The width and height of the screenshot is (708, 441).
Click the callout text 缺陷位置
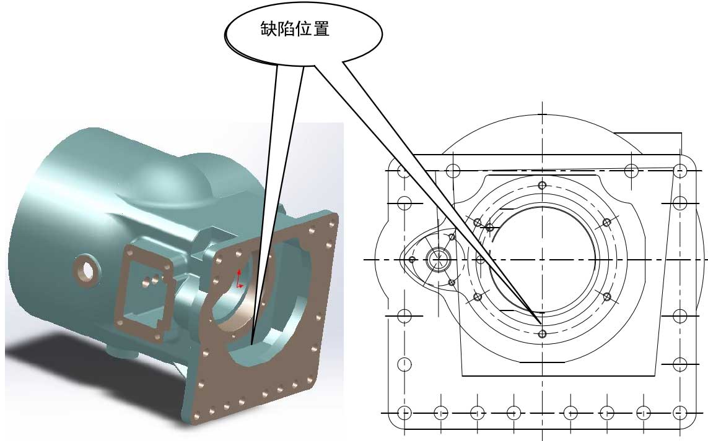coord(294,30)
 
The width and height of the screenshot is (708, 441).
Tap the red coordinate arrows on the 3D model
coord(240,280)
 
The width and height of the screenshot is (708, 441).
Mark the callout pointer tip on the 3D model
coord(252,344)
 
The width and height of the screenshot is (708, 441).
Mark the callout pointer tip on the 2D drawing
coord(540,322)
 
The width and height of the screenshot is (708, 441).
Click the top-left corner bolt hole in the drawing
coord(404,171)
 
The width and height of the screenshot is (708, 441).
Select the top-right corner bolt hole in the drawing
coord(680,171)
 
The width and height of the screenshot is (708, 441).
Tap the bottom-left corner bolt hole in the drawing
coord(404,413)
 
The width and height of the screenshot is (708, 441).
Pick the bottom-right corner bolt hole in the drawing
coord(680,413)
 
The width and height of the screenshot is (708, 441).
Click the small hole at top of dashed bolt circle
coord(543,186)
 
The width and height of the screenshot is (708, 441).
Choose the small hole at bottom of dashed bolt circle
coord(543,334)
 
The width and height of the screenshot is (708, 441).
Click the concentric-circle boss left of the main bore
coord(439,259)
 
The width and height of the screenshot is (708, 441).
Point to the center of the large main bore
coord(543,259)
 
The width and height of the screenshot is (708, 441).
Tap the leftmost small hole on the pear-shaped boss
coord(411,260)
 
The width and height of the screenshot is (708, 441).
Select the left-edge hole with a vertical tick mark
coord(404,364)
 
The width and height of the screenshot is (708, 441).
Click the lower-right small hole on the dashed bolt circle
coord(607,297)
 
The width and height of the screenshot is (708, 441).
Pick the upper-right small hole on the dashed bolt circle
coord(607,223)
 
